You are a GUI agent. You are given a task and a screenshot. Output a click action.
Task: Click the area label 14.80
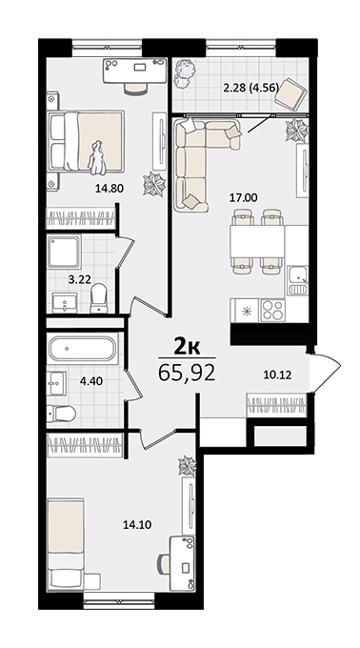click(110, 189)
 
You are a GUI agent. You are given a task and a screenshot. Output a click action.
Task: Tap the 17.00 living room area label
click(244, 198)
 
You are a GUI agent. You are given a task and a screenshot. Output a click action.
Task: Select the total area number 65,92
click(187, 373)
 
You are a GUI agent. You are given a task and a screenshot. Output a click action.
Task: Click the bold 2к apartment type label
click(187, 347)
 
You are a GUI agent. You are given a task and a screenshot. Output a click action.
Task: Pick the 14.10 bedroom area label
click(137, 525)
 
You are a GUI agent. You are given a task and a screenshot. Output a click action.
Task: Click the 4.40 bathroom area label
click(91, 380)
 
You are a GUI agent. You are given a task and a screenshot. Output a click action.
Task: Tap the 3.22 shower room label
click(80, 280)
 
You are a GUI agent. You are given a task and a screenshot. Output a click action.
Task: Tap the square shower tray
click(64, 252)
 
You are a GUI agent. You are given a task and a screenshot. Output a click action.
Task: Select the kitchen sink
click(298, 281)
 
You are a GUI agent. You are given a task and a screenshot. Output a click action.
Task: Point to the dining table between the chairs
click(257, 241)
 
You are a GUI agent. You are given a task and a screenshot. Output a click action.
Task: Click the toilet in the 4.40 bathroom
click(61, 414)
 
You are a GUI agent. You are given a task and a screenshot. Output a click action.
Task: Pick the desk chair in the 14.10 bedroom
click(164, 562)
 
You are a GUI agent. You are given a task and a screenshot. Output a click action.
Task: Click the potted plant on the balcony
click(185, 72)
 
